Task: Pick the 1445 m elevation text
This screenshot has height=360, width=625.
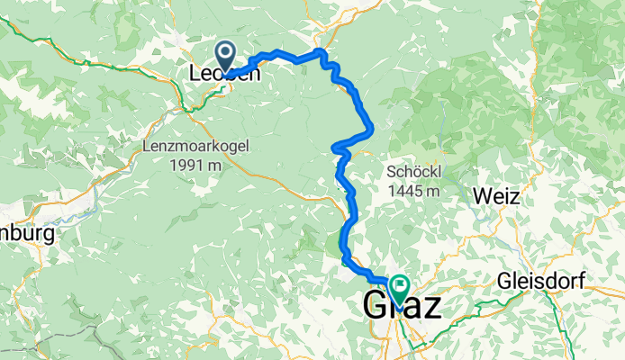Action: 412,191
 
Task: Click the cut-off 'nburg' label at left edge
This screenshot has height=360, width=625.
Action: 27,233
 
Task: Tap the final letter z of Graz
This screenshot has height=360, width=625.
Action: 431,306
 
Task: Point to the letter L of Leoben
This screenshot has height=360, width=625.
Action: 195,74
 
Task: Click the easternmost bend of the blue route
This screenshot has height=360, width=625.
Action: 372,128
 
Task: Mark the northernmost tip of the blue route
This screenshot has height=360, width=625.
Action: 320,51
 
